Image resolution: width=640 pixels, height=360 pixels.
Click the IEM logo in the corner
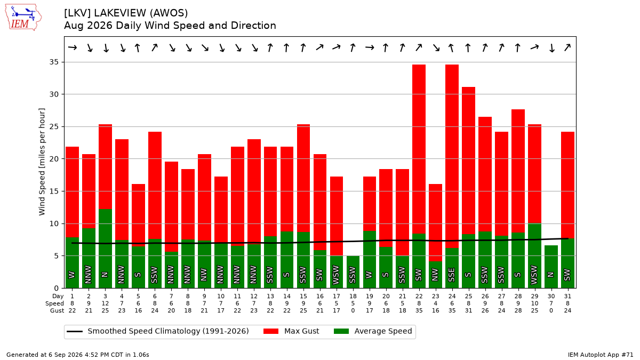(x=23, y=18)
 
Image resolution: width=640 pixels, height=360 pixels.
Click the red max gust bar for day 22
(x=419, y=149)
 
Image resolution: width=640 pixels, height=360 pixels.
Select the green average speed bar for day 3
(x=106, y=249)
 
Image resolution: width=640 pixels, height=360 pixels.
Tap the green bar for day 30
(x=551, y=267)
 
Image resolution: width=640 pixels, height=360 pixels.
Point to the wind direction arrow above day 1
(x=73, y=47)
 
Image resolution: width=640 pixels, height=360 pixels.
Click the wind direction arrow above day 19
(x=370, y=47)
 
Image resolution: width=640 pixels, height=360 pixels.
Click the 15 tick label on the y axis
(x=54, y=191)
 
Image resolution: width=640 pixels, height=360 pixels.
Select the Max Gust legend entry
(x=291, y=331)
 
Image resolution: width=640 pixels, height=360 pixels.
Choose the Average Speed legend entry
(x=373, y=331)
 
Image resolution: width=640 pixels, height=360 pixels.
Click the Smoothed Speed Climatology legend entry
(x=158, y=331)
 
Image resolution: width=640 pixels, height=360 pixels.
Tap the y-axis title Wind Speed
(x=42, y=162)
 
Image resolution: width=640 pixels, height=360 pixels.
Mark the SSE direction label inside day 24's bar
(x=452, y=275)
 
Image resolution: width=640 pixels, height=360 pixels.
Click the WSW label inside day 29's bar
(x=534, y=275)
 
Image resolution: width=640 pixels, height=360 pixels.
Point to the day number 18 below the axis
(x=353, y=297)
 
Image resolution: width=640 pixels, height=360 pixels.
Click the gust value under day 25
(x=469, y=310)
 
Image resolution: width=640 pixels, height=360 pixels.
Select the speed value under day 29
(x=534, y=303)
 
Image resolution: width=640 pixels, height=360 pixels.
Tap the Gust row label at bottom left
(x=57, y=310)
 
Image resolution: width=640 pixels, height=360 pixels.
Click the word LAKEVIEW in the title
(x=120, y=13)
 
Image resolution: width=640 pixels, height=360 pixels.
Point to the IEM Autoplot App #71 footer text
(x=601, y=355)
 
